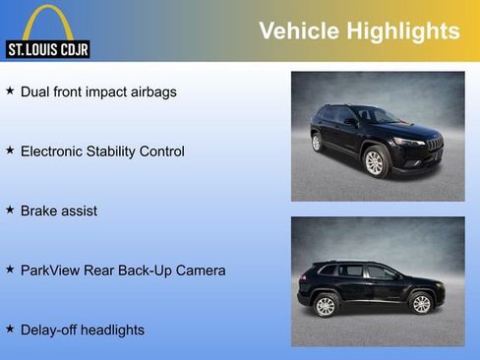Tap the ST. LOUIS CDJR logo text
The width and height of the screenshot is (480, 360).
(47, 48)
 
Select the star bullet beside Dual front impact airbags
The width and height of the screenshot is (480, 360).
(10, 90)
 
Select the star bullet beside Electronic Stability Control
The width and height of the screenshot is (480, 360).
(10, 150)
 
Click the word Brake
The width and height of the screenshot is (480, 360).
(39, 210)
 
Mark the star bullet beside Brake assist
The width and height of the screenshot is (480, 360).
(10, 210)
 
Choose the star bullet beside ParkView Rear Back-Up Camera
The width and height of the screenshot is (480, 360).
(10, 269)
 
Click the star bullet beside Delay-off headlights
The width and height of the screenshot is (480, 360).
(10, 329)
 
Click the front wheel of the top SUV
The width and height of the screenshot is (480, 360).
(374, 161)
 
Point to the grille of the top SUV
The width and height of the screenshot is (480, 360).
(434, 144)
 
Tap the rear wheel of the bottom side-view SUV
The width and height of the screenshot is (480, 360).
(326, 306)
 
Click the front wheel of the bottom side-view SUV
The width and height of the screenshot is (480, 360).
(421, 304)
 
